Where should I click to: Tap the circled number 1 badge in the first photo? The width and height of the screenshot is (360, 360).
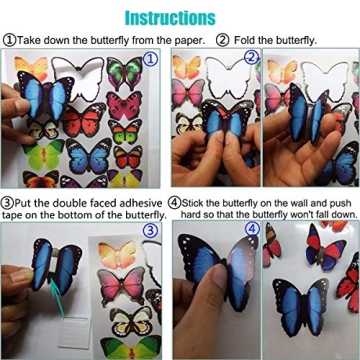pos(151,59)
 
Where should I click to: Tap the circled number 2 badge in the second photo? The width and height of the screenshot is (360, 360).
pos(251,59)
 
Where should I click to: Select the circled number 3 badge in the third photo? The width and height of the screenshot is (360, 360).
pos(151,230)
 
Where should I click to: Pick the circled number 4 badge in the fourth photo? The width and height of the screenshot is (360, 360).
pos(251,230)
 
